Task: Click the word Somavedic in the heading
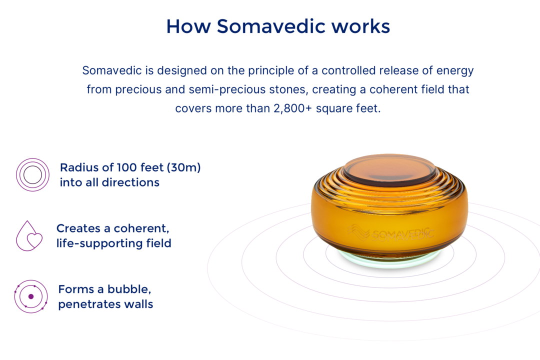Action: point(271,26)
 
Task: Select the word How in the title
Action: point(188,26)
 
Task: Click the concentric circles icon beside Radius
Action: point(32,174)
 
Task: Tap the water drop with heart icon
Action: point(29,236)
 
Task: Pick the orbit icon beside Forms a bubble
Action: point(30,296)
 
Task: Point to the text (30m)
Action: point(183,167)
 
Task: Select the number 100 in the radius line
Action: point(127,167)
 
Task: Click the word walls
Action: point(139,304)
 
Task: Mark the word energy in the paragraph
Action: point(455,70)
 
